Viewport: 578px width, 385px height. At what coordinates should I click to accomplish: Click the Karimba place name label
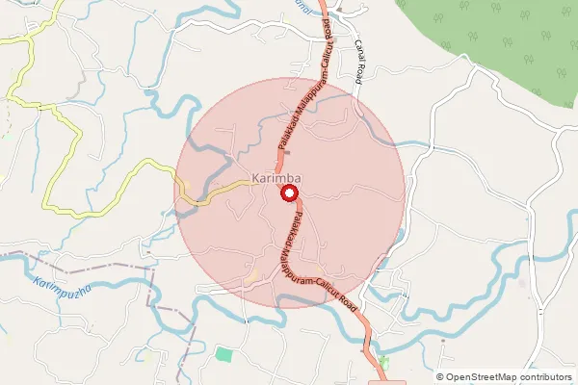point(277,178)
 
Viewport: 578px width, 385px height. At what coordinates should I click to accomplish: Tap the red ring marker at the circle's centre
point(288,193)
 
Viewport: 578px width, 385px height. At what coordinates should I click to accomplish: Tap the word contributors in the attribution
point(546,377)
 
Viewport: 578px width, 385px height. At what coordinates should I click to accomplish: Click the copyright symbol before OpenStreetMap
point(440,377)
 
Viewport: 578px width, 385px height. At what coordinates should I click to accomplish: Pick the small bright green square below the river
point(223,354)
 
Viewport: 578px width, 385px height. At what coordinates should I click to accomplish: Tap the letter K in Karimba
point(255,178)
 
